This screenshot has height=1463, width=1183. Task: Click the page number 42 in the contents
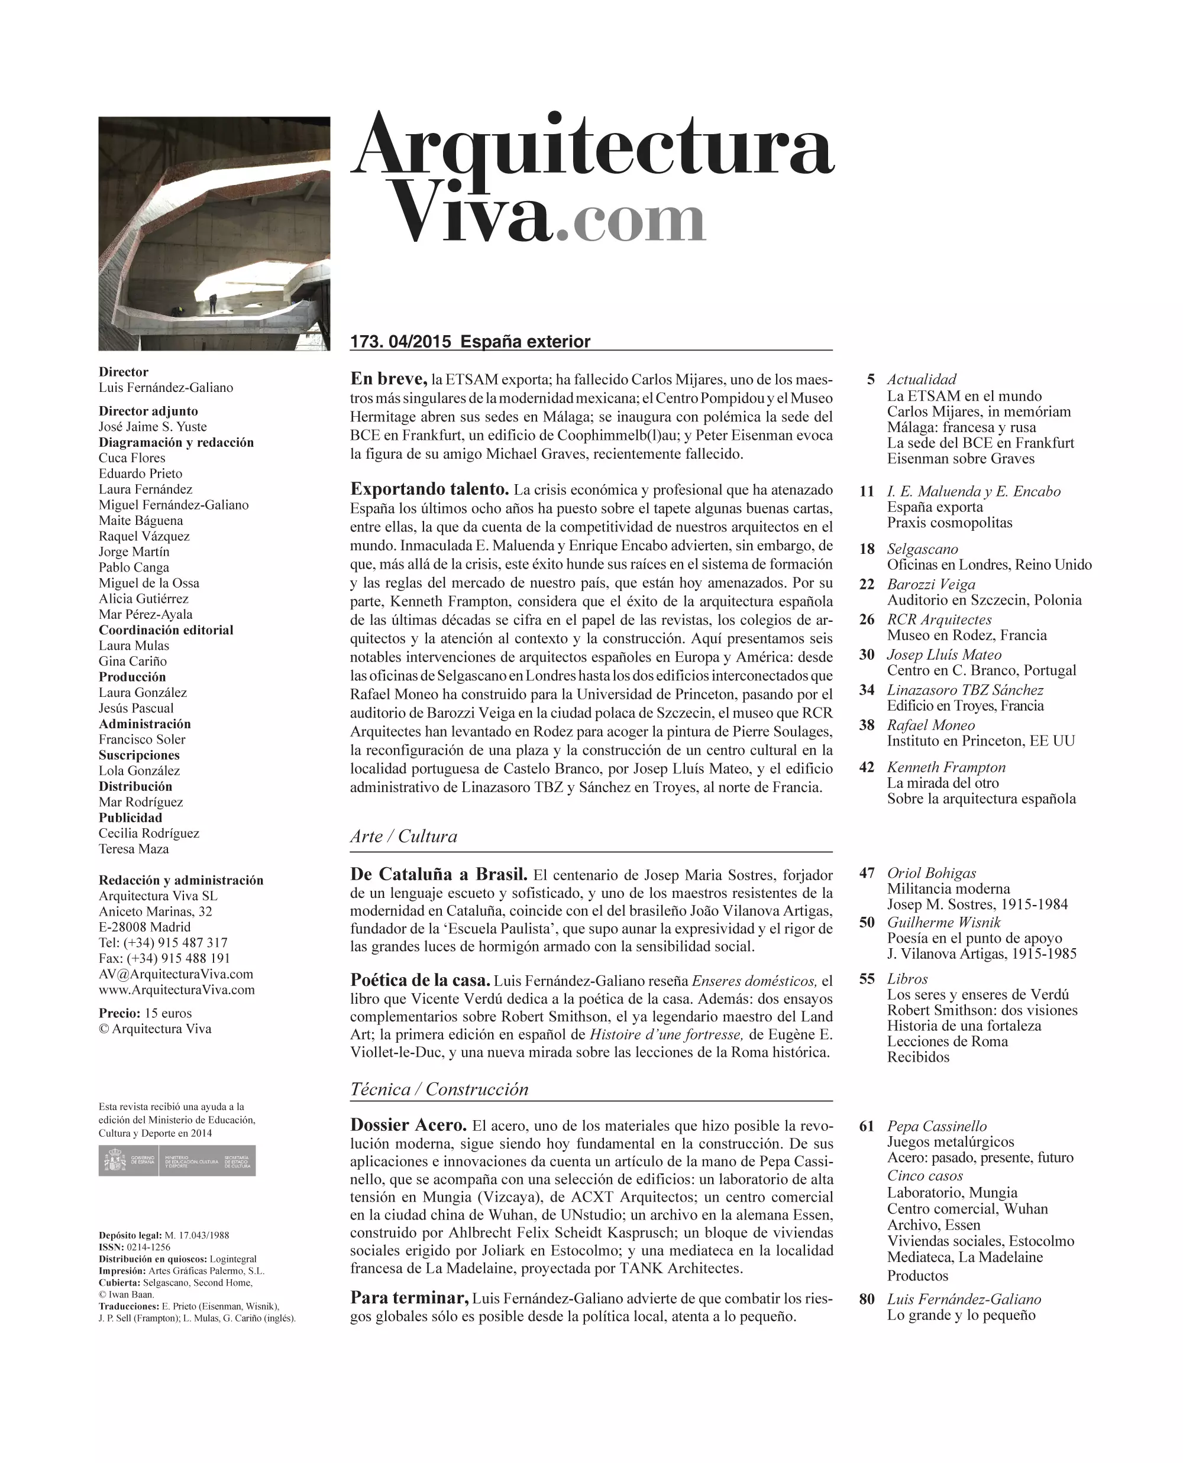pos(866,767)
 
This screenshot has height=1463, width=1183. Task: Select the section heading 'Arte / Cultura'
pos(403,836)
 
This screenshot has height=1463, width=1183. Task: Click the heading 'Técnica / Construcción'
pos(439,1089)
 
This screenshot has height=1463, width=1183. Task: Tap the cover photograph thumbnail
pos(214,233)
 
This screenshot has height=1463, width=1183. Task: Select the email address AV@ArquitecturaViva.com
pos(176,974)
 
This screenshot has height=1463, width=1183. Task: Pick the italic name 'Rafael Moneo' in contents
pos(930,725)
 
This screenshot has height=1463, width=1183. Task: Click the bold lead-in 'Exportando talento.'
pos(429,489)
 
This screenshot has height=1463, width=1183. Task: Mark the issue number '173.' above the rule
pos(367,342)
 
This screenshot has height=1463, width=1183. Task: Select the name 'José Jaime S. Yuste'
pos(153,426)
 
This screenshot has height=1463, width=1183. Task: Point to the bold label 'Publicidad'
pos(130,818)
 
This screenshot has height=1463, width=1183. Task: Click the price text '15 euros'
pos(169,1013)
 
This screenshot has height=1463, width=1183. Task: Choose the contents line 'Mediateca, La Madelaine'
pos(964,1257)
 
